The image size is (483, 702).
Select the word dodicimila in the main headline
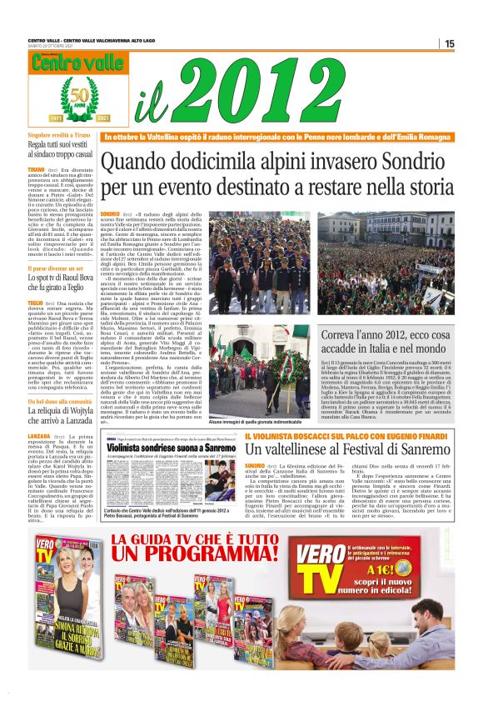(211, 161)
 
